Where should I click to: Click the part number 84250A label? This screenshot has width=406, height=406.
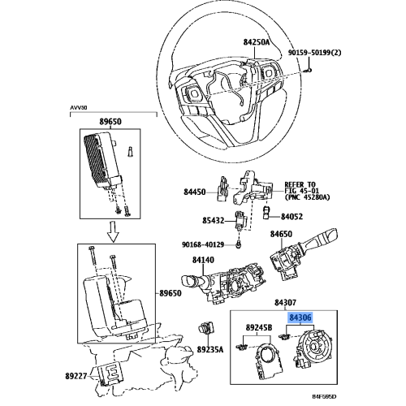[x=257, y=42]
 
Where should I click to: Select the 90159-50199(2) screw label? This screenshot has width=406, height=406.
[x=314, y=52]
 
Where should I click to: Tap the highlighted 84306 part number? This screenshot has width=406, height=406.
[x=300, y=317]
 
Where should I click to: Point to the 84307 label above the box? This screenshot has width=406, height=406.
[x=285, y=302]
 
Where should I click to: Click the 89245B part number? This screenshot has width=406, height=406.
[x=259, y=327]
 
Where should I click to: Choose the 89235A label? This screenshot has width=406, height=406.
[x=210, y=349]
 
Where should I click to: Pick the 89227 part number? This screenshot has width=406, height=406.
[x=76, y=376]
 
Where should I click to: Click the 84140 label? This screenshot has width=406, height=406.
[x=203, y=260]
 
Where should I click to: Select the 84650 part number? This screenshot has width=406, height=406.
[x=281, y=234]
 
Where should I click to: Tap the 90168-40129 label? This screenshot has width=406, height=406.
[x=203, y=244]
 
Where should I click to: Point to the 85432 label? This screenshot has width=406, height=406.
[x=214, y=221]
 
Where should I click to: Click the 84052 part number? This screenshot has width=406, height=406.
[x=292, y=217]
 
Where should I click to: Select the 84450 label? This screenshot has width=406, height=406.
[x=195, y=192]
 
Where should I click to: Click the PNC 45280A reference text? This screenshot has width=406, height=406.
[x=307, y=197]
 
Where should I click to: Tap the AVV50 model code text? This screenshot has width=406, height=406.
[x=79, y=107]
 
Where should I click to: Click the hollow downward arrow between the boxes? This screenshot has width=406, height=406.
[x=114, y=231]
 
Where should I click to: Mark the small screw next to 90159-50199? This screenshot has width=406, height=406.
[x=308, y=71]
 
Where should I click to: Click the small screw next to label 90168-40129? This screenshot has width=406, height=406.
[x=238, y=244]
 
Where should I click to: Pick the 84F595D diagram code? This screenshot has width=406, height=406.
[x=324, y=397]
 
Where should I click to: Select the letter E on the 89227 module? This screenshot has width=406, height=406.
[x=111, y=373]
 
